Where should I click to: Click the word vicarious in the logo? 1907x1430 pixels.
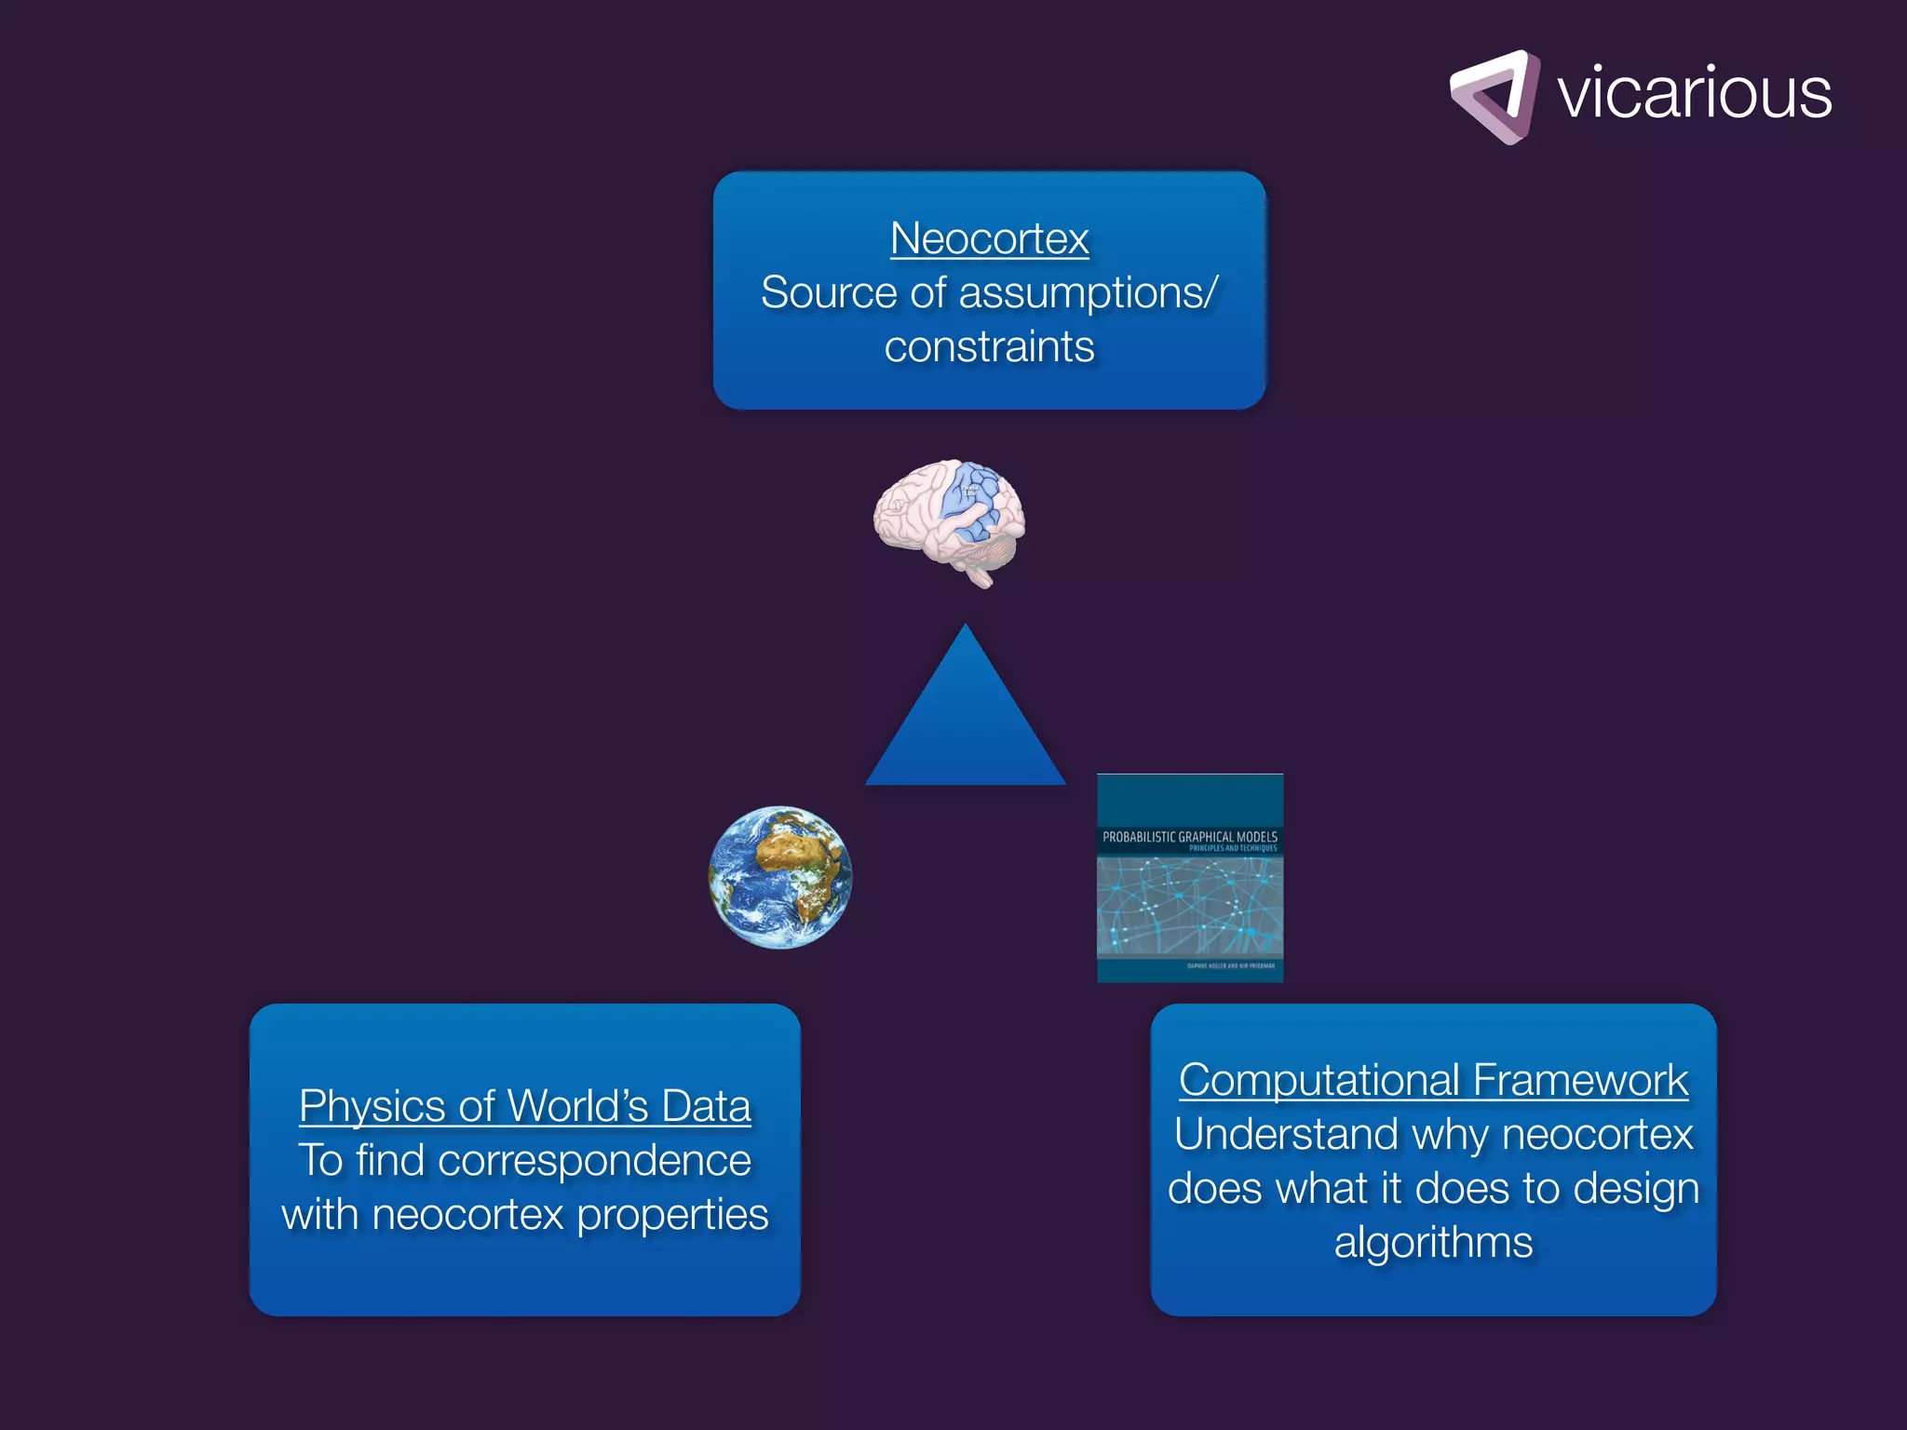click(x=1694, y=93)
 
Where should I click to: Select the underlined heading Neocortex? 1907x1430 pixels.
click(x=989, y=238)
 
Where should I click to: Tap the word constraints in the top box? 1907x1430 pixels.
click(x=989, y=347)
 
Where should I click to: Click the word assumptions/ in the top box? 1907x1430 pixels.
click(x=1088, y=293)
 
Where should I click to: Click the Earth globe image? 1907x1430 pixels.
click(x=780, y=877)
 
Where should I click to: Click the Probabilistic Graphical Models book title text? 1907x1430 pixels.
click(x=1189, y=837)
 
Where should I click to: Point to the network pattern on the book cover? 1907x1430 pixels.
click(x=1189, y=906)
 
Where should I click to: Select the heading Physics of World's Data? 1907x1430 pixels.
click(x=524, y=1106)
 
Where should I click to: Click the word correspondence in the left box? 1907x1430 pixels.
click(x=594, y=1161)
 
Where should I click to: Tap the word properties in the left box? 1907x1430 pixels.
click(x=672, y=1215)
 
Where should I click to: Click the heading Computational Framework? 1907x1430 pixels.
click(x=1433, y=1080)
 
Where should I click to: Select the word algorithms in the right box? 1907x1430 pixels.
click(x=1433, y=1243)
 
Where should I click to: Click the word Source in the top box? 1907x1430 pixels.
click(x=829, y=293)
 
